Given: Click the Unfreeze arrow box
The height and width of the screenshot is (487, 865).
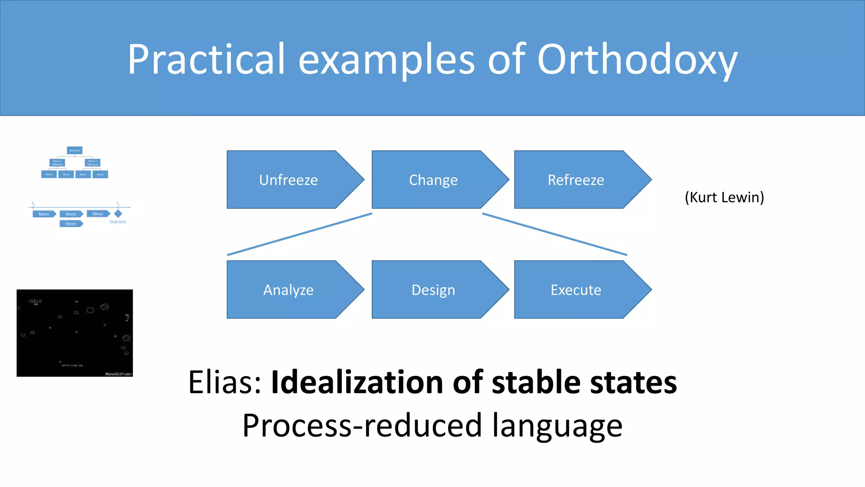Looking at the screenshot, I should click(289, 180).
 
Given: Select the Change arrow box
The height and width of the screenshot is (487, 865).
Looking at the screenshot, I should click(433, 180).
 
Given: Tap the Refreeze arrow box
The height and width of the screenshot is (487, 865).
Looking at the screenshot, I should click(576, 180).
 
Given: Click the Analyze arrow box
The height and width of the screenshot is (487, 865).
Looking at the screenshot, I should click(289, 290).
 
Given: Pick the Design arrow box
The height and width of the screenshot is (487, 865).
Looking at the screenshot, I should click(433, 290).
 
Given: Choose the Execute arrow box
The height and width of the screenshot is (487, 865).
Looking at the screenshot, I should click(576, 290).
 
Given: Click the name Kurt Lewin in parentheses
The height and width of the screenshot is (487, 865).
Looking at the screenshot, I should click(724, 197).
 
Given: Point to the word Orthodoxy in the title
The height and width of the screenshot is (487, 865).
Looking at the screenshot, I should click(637, 60).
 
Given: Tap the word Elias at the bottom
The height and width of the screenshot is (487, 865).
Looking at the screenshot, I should click(224, 383).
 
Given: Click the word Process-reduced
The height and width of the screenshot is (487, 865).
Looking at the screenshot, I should click(362, 426).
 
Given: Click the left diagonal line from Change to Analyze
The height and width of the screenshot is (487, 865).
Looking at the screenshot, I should click(299, 234).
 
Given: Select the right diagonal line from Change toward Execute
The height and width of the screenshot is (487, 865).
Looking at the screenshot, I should click(555, 234).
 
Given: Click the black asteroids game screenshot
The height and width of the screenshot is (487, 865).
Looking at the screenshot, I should click(75, 333).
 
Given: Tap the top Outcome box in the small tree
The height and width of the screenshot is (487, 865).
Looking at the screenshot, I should click(75, 150).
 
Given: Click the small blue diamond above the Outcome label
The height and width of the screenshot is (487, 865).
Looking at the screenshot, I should click(118, 214).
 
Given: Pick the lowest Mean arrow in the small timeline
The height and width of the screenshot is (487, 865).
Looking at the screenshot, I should click(71, 224).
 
